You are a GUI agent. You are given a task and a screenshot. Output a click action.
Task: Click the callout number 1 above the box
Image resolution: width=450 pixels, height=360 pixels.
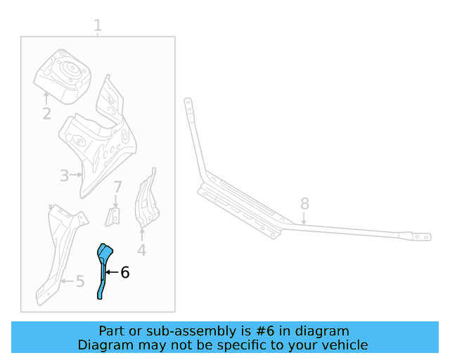98,26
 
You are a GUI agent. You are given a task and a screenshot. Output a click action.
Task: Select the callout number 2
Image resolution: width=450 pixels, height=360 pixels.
46,112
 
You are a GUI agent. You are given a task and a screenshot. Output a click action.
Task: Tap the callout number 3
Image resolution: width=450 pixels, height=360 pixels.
64,176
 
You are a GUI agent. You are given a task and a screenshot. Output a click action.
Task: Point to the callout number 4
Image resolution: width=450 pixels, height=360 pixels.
142,250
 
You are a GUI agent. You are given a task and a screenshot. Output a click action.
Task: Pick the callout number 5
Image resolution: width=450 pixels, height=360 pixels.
79,282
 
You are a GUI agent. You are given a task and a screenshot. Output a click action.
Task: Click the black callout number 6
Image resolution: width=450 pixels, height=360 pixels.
125,272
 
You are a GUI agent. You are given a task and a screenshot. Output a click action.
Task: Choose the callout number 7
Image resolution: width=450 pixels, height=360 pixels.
117,187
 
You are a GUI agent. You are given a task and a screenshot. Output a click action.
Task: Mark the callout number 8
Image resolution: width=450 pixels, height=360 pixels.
304,203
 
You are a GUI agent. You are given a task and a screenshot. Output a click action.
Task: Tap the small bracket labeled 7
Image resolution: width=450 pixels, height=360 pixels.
112,217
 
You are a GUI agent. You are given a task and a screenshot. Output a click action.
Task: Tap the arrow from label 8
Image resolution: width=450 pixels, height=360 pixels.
304,217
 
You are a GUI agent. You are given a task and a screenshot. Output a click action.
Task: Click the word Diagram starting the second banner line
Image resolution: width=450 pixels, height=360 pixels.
103,345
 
